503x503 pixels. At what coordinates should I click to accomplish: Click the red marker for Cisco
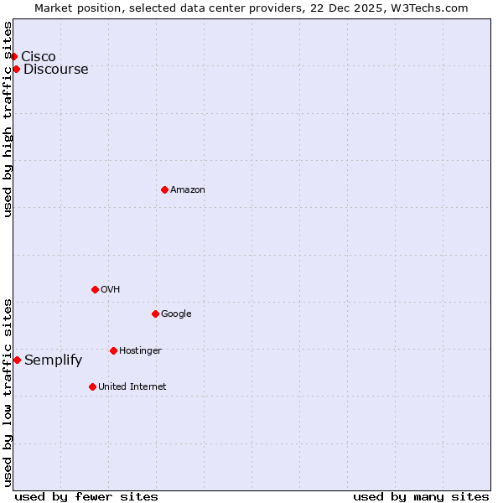point(14,56)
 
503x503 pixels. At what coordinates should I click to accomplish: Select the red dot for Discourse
point(16,69)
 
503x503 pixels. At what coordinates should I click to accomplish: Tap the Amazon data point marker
point(164,189)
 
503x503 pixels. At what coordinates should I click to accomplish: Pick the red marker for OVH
point(95,289)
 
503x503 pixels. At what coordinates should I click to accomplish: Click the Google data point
point(155,314)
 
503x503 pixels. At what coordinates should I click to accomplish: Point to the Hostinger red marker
point(113,350)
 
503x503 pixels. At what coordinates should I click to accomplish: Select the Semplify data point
point(17,360)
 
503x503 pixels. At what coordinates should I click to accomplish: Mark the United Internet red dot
point(92,386)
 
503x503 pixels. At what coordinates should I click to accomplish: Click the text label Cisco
point(39,56)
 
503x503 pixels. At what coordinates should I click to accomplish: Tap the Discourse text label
point(56,69)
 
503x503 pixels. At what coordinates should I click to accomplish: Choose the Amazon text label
point(188,189)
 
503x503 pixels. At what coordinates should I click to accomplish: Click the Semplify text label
point(54,360)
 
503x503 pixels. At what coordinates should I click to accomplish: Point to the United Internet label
point(132,386)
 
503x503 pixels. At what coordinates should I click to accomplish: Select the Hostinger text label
point(140,350)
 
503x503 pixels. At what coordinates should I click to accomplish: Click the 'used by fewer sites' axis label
point(86,496)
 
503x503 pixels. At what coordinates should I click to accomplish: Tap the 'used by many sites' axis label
point(421,496)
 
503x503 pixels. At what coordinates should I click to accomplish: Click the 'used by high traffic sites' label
point(8,119)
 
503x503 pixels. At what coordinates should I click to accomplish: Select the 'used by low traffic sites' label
point(8,392)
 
